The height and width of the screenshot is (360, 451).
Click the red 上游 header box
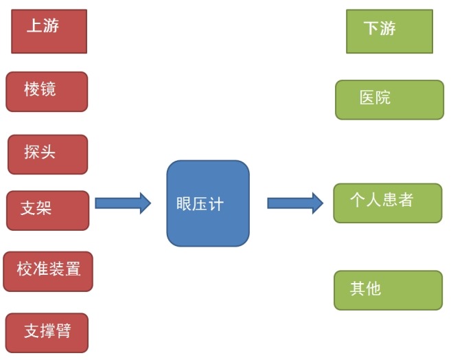[x=49, y=32]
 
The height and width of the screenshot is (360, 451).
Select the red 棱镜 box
[x=47, y=91]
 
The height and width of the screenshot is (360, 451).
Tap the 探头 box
[x=47, y=154]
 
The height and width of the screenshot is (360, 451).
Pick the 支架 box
[x=47, y=210]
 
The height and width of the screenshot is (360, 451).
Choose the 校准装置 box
[x=47, y=271]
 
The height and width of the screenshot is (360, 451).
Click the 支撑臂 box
[x=47, y=333]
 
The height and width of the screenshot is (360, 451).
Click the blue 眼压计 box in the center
[x=207, y=203]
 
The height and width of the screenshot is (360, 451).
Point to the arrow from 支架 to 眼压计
[x=122, y=203]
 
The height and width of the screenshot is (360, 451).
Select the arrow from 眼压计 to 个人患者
[x=294, y=203]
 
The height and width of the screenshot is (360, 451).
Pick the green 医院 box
[x=389, y=100]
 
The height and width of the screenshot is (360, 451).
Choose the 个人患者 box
[x=387, y=203]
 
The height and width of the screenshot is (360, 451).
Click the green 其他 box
[x=388, y=290]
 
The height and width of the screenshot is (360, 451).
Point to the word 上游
[x=43, y=26]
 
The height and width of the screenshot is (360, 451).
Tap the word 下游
[x=380, y=29]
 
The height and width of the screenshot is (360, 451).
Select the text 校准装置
[x=49, y=269]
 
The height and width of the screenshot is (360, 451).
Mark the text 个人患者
[x=381, y=201]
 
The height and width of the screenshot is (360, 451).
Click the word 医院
[x=375, y=98]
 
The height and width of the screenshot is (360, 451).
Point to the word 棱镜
[x=40, y=89]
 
